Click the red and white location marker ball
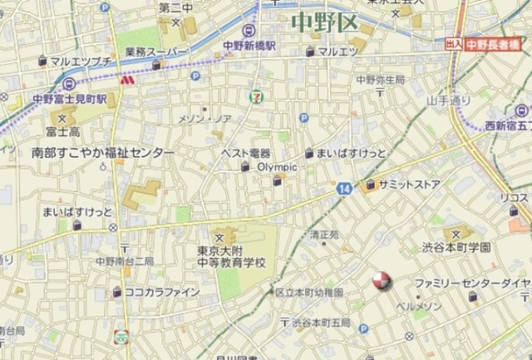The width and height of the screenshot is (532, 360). click(x=380, y=281)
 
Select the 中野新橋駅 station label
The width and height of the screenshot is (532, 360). click(x=249, y=47)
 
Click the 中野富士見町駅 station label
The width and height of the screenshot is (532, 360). click(x=70, y=97)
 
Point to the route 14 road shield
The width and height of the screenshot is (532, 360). click(x=344, y=190)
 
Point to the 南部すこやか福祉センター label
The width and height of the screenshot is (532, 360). click(x=103, y=153)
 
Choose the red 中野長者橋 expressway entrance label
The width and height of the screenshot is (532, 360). click(x=494, y=45)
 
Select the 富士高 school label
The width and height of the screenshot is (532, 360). click(x=62, y=131)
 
